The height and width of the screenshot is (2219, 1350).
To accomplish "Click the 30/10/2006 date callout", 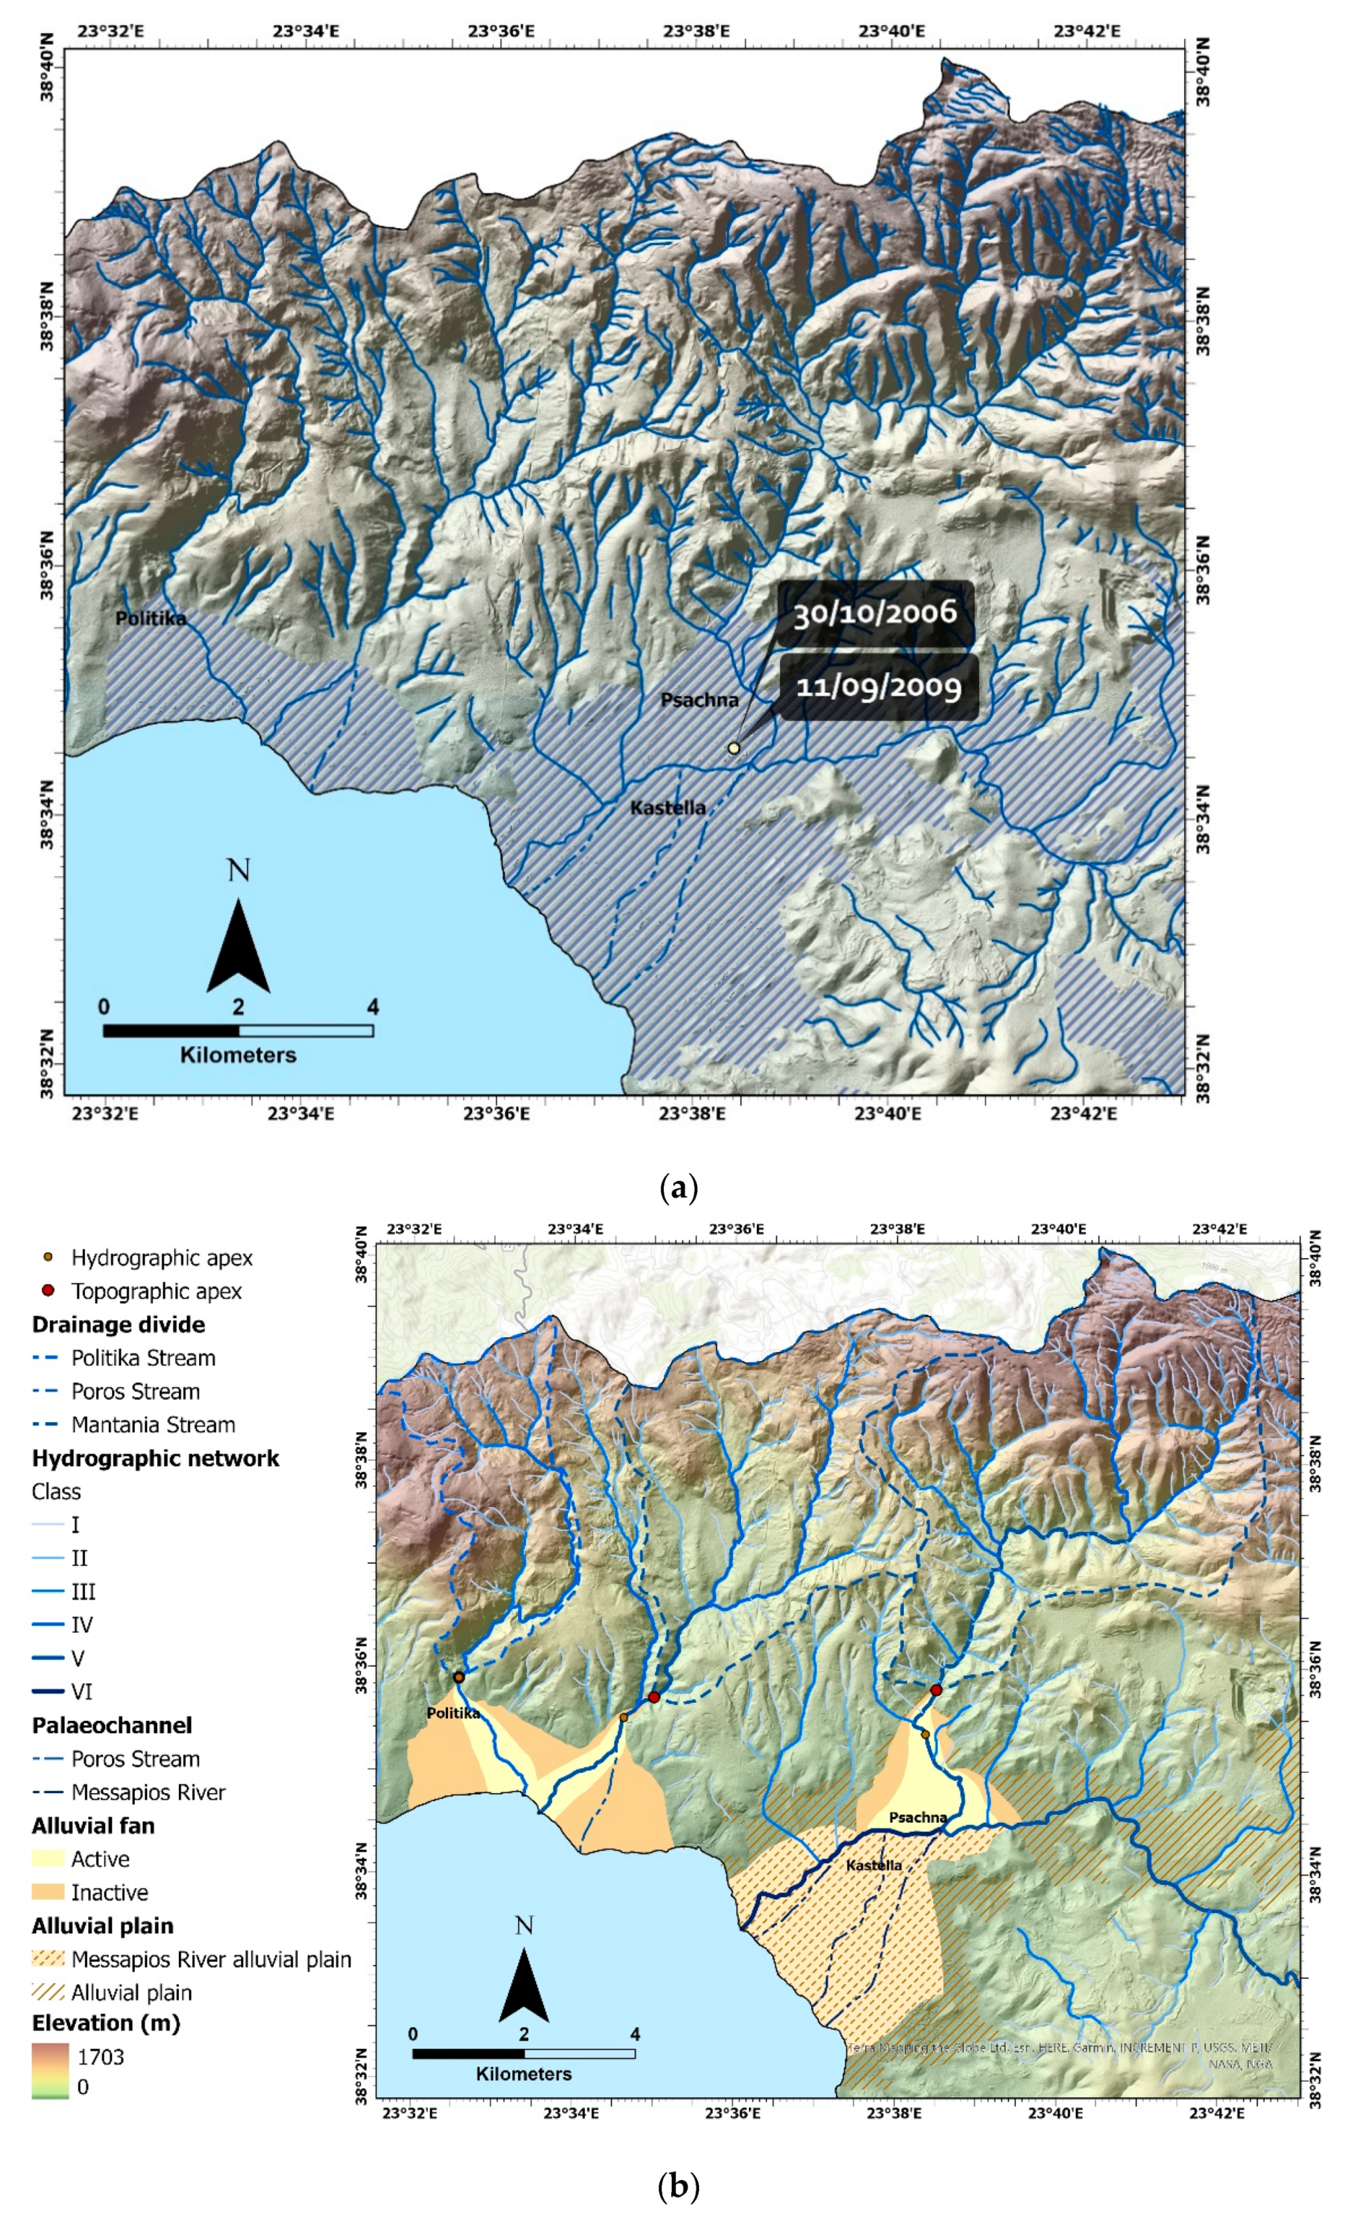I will tap(873, 614).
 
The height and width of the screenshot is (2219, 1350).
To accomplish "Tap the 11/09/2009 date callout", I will tap(878, 688).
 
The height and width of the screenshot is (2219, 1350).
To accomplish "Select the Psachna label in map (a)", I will tap(699, 700).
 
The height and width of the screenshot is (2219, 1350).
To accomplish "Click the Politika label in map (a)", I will tap(150, 619).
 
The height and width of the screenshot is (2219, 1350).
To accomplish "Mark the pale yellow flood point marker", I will tap(733, 748).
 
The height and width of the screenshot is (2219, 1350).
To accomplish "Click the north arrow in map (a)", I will tap(238, 945).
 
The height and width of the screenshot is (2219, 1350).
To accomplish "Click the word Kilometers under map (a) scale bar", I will tap(238, 1054).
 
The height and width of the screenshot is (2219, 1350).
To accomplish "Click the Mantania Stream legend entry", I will tap(153, 1425).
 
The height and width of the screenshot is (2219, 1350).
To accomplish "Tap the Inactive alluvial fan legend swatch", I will tap(48, 1892).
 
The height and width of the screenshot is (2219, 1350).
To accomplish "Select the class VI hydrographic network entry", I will tap(81, 1691).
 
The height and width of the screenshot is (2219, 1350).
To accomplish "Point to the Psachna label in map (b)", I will tap(917, 1818).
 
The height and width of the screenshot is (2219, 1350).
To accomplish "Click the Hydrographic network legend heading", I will tap(155, 1458).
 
